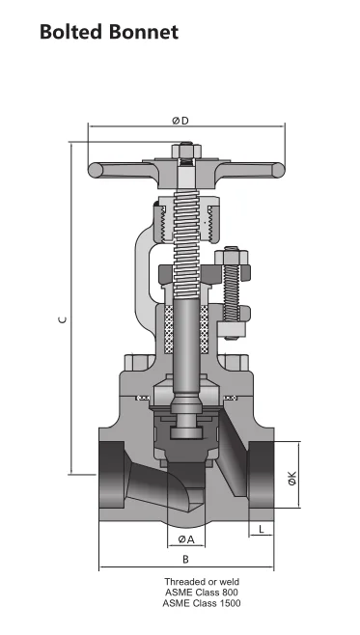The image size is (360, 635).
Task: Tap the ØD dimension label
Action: point(180,121)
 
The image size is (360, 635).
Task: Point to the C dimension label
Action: point(63,320)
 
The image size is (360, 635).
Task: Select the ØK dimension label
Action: point(292,478)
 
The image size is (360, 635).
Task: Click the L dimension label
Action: point(262,529)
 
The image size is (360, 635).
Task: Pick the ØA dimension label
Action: point(186,539)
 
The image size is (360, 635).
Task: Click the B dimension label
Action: point(185,560)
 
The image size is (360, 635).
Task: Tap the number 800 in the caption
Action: point(230,593)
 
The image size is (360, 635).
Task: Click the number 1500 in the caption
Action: point(229,603)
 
